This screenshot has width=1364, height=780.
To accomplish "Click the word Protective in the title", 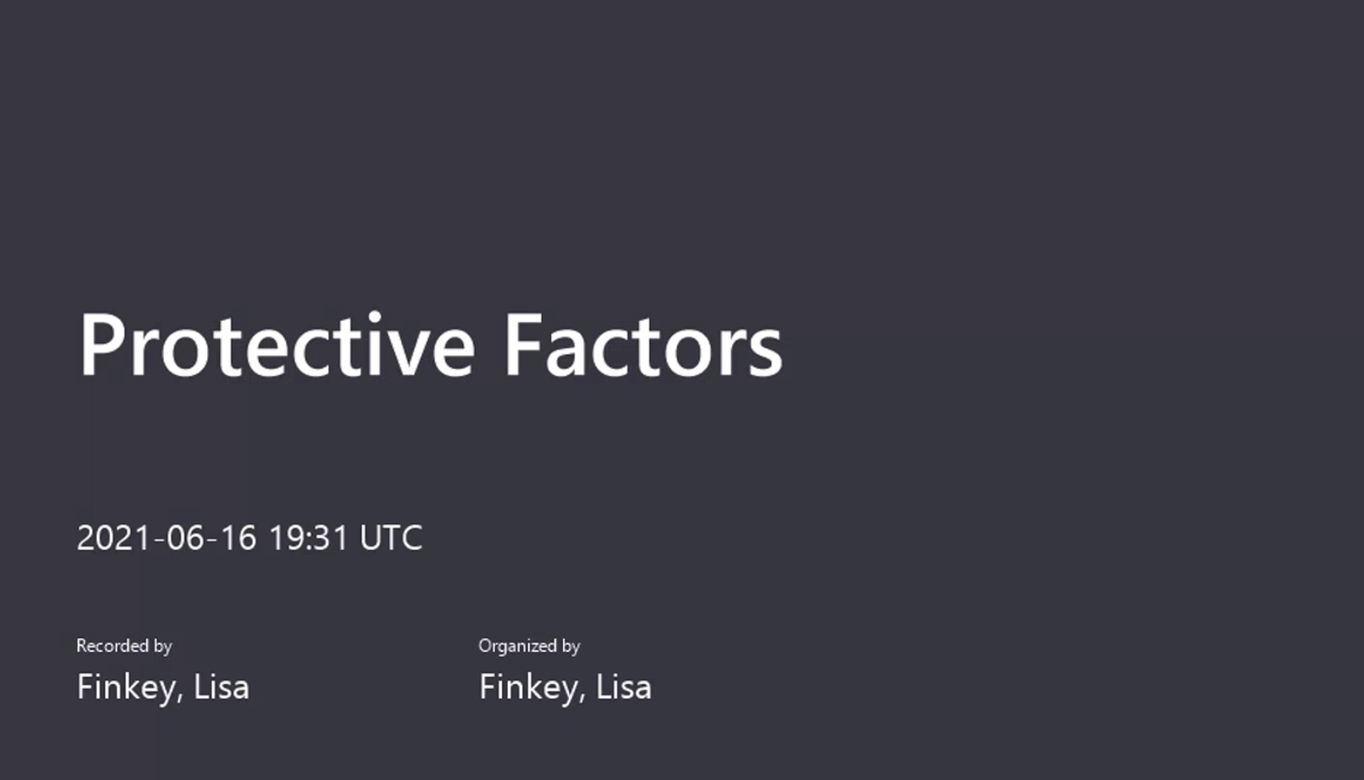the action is coord(277,346).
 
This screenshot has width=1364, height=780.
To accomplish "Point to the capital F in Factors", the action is coord(524,345).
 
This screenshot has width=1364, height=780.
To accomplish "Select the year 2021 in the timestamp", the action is coord(113,538).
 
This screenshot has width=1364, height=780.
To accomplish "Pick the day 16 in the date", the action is coord(238,538).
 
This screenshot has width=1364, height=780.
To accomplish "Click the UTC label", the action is coord(391,538).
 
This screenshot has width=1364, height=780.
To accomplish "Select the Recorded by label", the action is coord(124,647).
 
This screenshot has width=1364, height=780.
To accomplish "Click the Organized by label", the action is coord(529,647).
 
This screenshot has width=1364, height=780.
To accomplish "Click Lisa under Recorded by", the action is coord(222,687).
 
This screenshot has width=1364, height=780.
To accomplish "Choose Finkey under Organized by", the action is coord(528,688).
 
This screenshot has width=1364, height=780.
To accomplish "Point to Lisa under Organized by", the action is coord(623,687).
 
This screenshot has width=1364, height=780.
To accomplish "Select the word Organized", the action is coord(517,647).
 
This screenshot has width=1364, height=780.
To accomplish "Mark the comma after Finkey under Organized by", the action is coord(582,699).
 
